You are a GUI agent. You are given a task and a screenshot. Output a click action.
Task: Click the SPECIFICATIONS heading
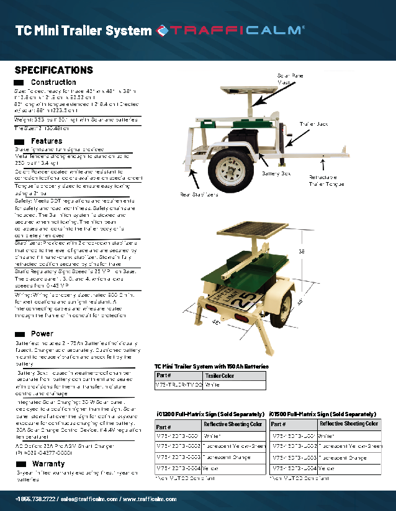[54, 70]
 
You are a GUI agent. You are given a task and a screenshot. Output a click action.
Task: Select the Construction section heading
[53, 82]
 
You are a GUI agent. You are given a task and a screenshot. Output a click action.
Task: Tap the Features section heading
[47, 141]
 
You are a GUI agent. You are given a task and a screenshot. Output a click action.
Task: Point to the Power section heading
[42, 333]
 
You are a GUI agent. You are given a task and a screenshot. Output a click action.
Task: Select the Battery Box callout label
[276, 175]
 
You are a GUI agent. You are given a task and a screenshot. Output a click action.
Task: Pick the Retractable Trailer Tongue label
[326, 180]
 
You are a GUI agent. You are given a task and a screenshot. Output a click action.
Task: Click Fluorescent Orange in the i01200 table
[226, 457]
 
